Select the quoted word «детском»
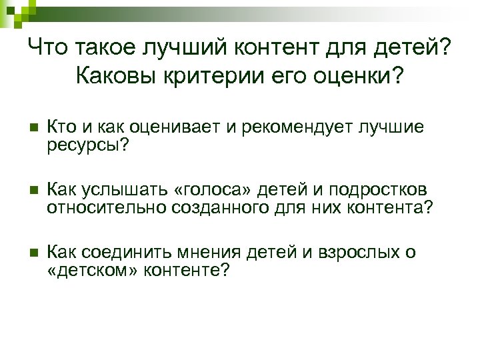point(93,271)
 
